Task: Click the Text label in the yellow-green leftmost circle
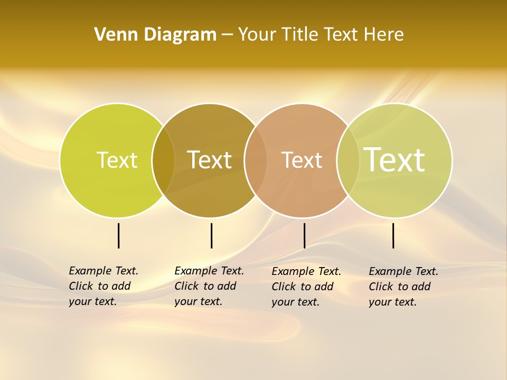[x=117, y=160]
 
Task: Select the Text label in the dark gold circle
[x=210, y=160]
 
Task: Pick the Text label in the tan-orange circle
[x=302, y=160]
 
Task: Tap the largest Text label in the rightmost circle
[x=395, y=159]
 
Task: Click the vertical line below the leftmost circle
[x=119, y=235]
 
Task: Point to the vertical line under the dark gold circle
[x=211, y=235]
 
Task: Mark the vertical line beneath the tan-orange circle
[x=304, y=235]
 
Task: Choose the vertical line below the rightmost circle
[x=393, y=235]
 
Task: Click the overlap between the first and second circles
[x=163, y=160]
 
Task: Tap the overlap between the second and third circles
[x=256, y=160]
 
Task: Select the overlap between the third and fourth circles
[x=348, y=160]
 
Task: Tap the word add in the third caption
[x=323, y=287]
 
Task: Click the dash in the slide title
[x=227, y=35]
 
